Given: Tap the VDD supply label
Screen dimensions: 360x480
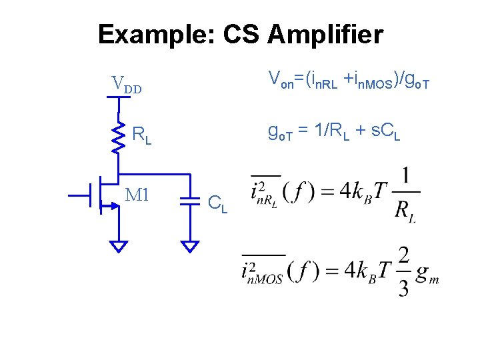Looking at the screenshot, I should pos(126,85).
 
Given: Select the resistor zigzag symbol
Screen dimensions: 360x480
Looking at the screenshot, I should pos(119,137).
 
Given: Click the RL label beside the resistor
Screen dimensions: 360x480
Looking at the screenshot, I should pos(141,135).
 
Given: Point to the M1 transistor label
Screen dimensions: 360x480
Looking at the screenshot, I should pos(137,195).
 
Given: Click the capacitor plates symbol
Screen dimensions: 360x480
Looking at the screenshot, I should pos(191,199).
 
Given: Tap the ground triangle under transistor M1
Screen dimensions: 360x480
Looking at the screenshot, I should pos(119,246).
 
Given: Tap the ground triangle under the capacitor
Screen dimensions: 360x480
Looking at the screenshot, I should pos(191,246).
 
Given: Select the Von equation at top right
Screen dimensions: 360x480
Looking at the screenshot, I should pos(349,81).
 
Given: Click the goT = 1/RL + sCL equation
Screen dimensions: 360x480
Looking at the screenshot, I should pos(333,131).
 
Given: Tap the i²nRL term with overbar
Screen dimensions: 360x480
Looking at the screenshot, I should pos(265,192).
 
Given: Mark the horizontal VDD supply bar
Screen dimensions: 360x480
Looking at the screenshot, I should pos(119,96).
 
